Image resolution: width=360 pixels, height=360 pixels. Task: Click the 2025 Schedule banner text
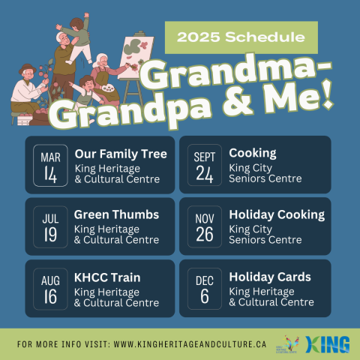point(241,37)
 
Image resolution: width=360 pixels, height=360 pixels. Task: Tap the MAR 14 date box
point(50,166)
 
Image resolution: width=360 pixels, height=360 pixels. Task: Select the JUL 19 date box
point(50,227)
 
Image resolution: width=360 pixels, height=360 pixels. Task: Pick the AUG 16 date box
point(50,289)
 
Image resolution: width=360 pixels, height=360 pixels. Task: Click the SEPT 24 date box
point(205,165)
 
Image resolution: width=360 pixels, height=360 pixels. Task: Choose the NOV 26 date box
point(205,226)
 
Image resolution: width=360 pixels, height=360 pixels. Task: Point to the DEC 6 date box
point(205,289)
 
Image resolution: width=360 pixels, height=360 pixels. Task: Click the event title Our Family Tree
point(121,154)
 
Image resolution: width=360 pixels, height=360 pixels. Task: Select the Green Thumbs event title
point(116,214)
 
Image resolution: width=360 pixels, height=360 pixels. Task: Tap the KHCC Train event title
point(107,277)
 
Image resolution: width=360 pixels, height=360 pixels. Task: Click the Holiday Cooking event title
point(277,215)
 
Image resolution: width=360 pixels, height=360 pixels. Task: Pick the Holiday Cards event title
point(270,277)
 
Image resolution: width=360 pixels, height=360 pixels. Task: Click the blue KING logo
point(327,344)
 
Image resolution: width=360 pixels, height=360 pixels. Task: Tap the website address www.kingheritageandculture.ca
point(190,344)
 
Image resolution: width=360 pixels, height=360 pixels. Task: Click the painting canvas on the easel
point(136,57)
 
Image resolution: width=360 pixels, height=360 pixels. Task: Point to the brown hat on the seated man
point(27,69)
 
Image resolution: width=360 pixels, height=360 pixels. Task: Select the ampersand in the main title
point(238,102)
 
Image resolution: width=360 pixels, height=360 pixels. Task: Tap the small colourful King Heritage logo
point(288,344)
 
